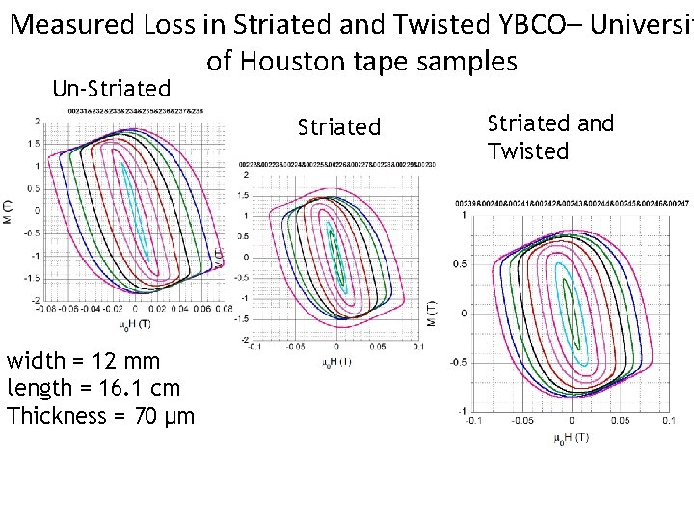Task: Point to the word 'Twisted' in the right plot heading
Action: (528, 151)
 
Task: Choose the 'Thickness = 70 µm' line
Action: (100, 416)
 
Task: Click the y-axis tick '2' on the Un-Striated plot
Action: (36, 122)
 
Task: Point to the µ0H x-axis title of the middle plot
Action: (336, 362)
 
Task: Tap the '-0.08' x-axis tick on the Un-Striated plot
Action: (44, 310)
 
